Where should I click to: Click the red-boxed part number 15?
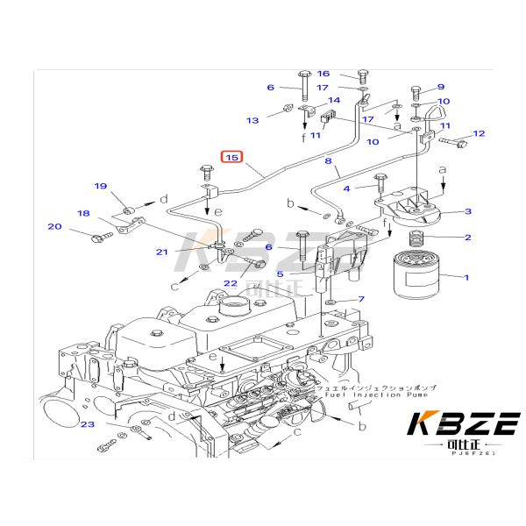(x=231, y=158)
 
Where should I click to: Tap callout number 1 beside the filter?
(x=466, y=278)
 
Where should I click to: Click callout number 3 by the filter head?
(x=468, y=211)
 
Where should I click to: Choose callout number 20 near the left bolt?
(x=54, y=227)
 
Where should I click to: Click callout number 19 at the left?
(x=101, y=186)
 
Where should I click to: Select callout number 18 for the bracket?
(x=83, y=213)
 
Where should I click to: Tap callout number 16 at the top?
(x=323, y=74)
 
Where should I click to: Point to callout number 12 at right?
(x=479, y=133)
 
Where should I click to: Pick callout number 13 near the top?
(x=252, y=120)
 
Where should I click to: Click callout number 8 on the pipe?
(x=329, y=161)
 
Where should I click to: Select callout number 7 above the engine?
(x=360, y=300)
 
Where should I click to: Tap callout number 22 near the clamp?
(x=230, y=282)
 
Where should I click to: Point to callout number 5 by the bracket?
(x=281, y=274)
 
